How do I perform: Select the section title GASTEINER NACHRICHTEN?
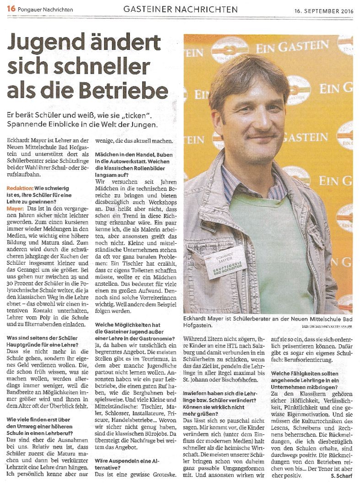181,9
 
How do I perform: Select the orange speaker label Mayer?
16,208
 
